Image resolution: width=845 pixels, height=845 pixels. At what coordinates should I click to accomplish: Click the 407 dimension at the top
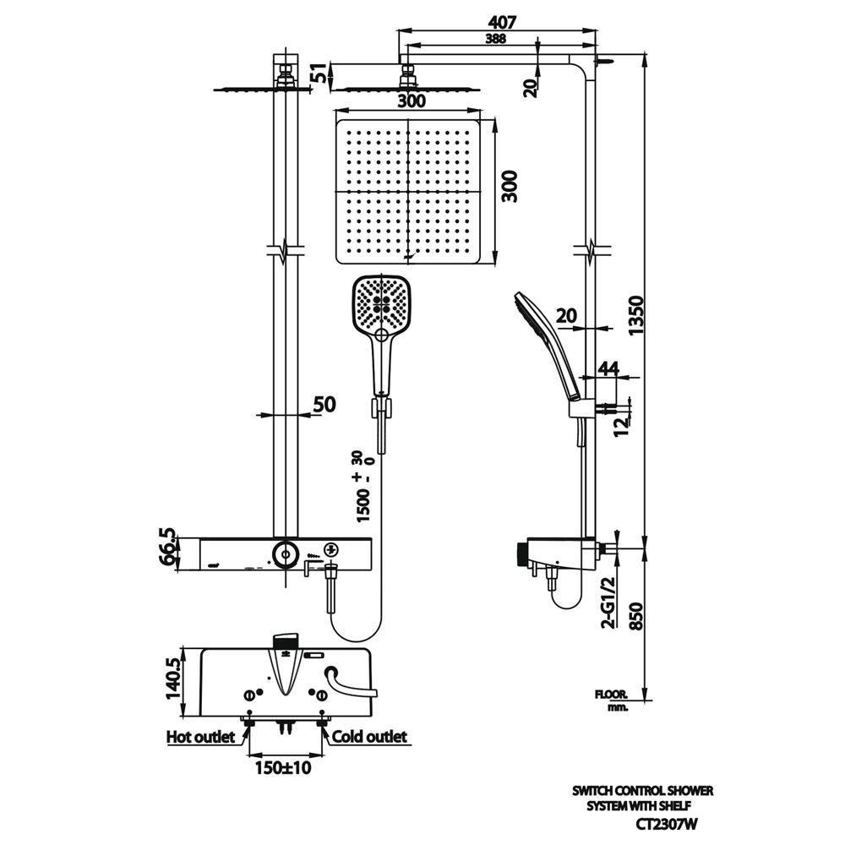[x=502, y=21]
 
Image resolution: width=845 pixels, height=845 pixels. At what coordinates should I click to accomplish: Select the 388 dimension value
[x=497, y=39]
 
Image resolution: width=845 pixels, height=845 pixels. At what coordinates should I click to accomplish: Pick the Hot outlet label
[x=201, y=737]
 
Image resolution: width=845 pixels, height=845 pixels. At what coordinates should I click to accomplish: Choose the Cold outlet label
[x=369, y=737]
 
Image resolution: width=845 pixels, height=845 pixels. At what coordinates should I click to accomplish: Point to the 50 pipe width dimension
[x=324, y=405]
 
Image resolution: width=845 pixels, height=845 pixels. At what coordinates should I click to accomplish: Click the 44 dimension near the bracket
[x=608, y=368]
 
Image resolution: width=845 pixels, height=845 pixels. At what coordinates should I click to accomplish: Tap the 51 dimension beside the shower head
[x=318, y=74]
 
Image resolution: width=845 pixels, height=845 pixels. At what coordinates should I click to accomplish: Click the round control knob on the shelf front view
[x=285, y=553]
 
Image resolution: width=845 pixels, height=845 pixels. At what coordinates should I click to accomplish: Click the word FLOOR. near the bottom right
[x=611, y=695]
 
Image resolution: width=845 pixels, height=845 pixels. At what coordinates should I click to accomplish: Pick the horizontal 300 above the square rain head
[x=411, y=101]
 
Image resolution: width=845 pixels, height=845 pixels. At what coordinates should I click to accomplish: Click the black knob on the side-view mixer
[x=519, y=554]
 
